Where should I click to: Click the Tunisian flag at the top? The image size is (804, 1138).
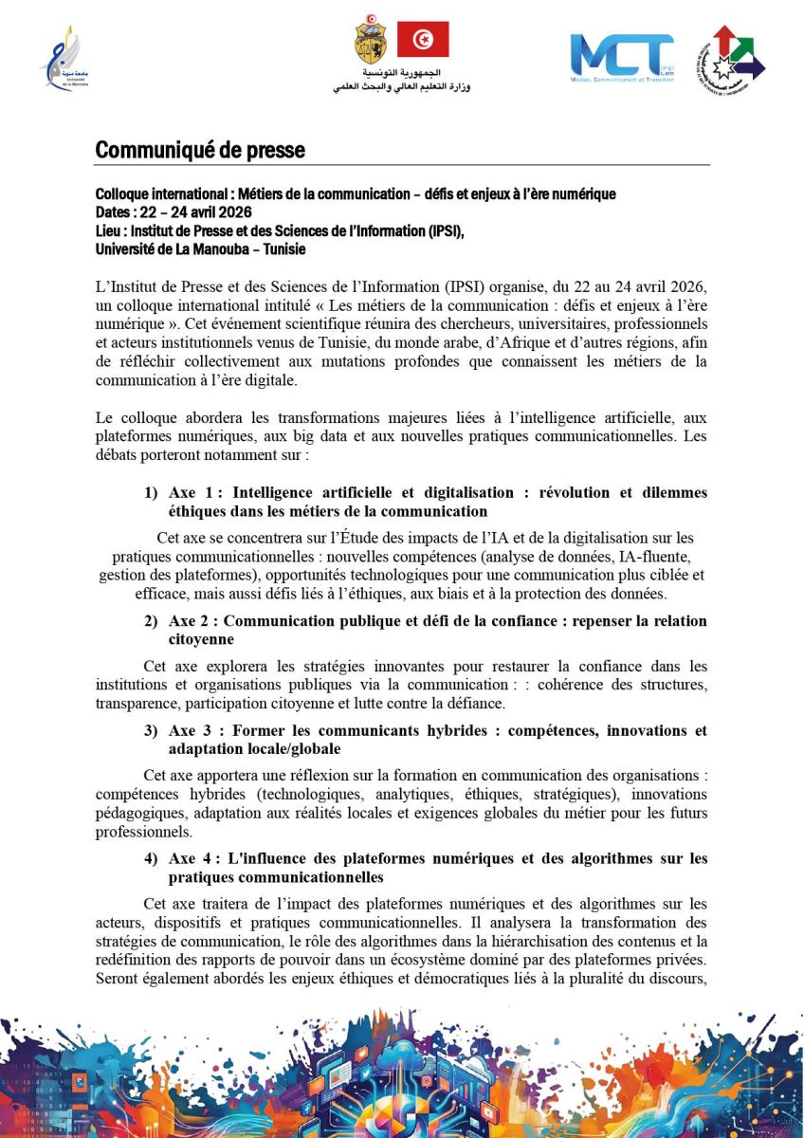click(422, 40)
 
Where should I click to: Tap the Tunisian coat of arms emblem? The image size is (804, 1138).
click(370, 39)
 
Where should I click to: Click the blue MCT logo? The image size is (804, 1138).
click(621, 57)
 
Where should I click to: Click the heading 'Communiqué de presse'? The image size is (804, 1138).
click(200, 150)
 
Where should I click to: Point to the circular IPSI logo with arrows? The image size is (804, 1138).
click(731, 59)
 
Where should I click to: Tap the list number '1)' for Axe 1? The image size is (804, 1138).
click(151, 493)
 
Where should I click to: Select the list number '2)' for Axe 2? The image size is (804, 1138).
click(151, 621)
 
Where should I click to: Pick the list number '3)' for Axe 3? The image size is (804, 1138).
click(151, 731)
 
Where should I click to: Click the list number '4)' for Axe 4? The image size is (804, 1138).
click(151, 859)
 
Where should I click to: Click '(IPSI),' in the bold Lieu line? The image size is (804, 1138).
click(439, 230)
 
